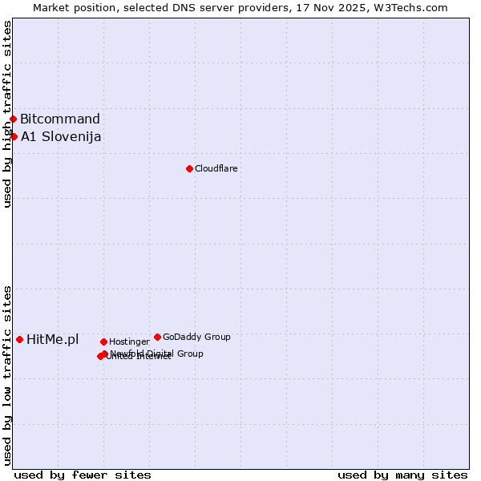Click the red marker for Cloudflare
tap(189, 168)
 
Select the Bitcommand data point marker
tap(13, 119)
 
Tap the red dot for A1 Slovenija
tap(14, 136)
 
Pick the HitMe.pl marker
tap(19, 339)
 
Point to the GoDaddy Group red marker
tap(157, 337)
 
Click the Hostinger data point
tap(103, 342)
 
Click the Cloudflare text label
tap(216, 168)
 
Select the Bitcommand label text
tap(60, 119)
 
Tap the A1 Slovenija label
tap(61, 136)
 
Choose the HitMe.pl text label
tap(53, 339)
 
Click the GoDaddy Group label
tap(196, 337)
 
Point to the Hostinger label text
tap(129, 342)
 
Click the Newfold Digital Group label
tap(157, 353)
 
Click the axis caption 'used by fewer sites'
tap(83, 475)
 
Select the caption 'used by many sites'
tap(402, 475)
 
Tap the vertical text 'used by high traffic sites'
tap(7, 114)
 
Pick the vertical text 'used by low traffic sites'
tap(7, 375)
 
